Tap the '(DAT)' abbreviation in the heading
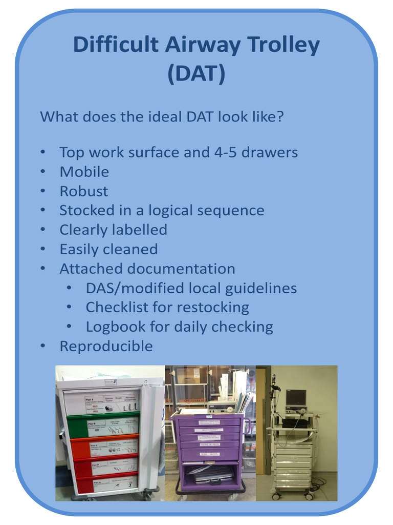point(196,74)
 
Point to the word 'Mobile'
point(84,172)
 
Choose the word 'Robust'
point(84,191)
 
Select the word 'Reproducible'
point(106,346)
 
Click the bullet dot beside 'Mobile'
point(43,172)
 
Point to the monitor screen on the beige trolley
point(295,397)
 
